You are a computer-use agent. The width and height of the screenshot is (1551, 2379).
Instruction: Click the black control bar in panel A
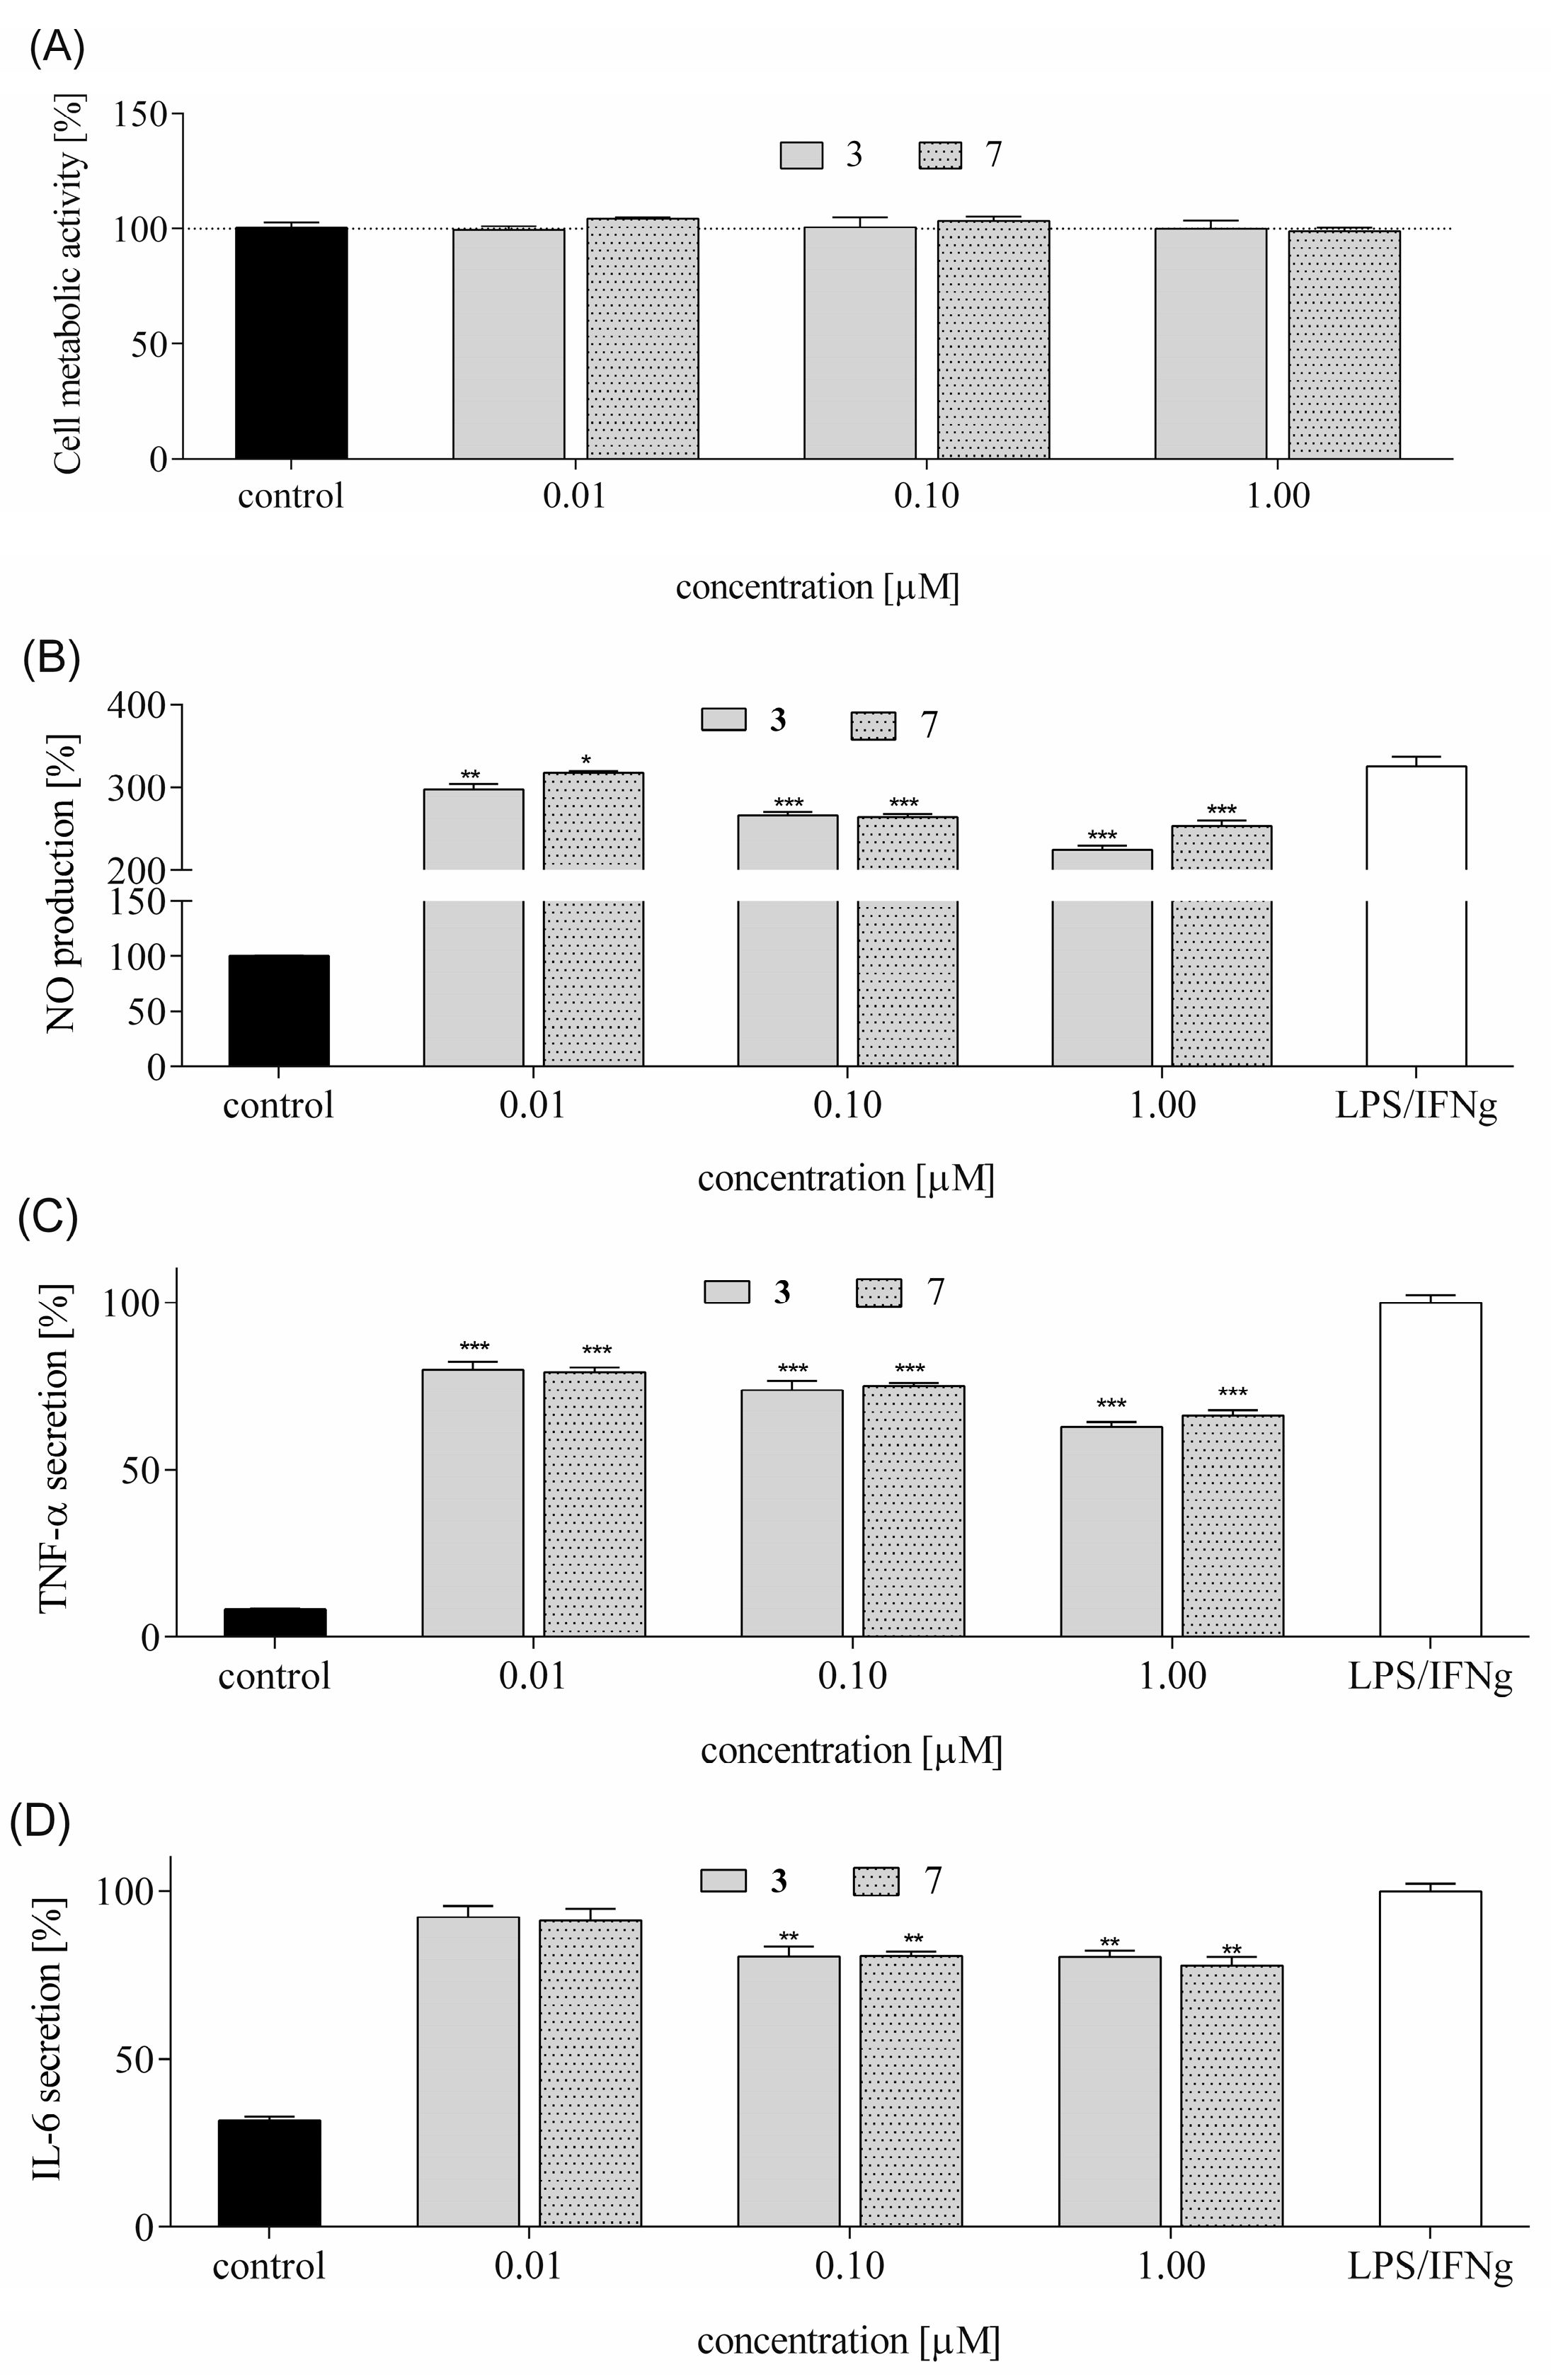click(x=291, y=343)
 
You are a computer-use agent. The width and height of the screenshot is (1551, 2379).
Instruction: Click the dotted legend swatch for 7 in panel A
click(x=939, y=156)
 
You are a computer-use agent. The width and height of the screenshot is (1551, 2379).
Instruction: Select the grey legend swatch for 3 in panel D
click(x=723, y=1881)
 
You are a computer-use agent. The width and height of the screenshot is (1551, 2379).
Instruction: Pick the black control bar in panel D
click(x=269, y=2173)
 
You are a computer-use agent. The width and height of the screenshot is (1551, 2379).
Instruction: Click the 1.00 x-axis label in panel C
click(x=1172, y=1675)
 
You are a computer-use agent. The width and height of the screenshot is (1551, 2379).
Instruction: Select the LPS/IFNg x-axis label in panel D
click(x=1429, y=2265)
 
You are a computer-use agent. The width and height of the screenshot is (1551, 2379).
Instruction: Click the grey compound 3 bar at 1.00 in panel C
click(x=1111, y=1529)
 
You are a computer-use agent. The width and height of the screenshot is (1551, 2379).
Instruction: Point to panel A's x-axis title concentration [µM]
click(x=816, y=587)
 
